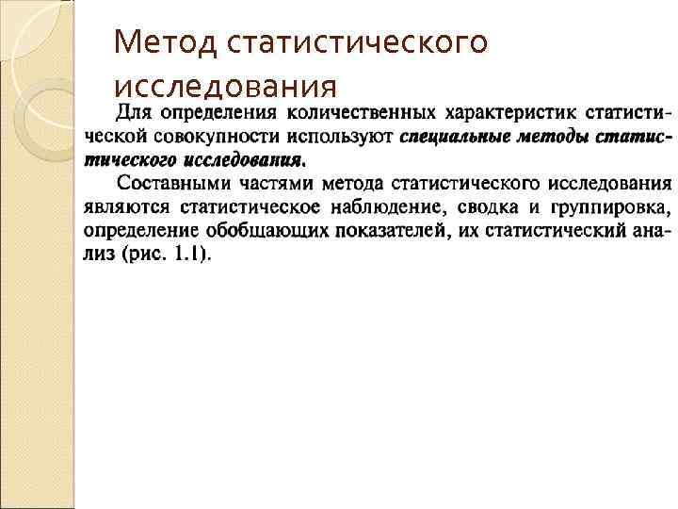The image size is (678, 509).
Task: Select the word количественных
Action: (x=359, y=114)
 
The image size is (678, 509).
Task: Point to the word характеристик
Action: (x=504, y=114)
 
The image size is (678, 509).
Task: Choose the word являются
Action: (x=119, y=206)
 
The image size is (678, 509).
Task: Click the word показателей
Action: (x=364, y=230)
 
